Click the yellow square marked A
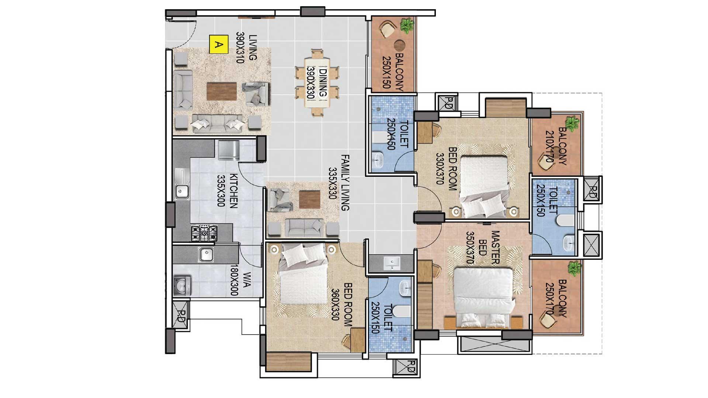click(x=218, y=45)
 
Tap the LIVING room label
click(x=253, y=47)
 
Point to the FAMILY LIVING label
click(x=345, y=183)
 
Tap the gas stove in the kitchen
click(x=204, y=233)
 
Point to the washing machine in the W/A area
click(x=182, y=286)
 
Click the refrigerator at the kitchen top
click(x=229, y=150)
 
